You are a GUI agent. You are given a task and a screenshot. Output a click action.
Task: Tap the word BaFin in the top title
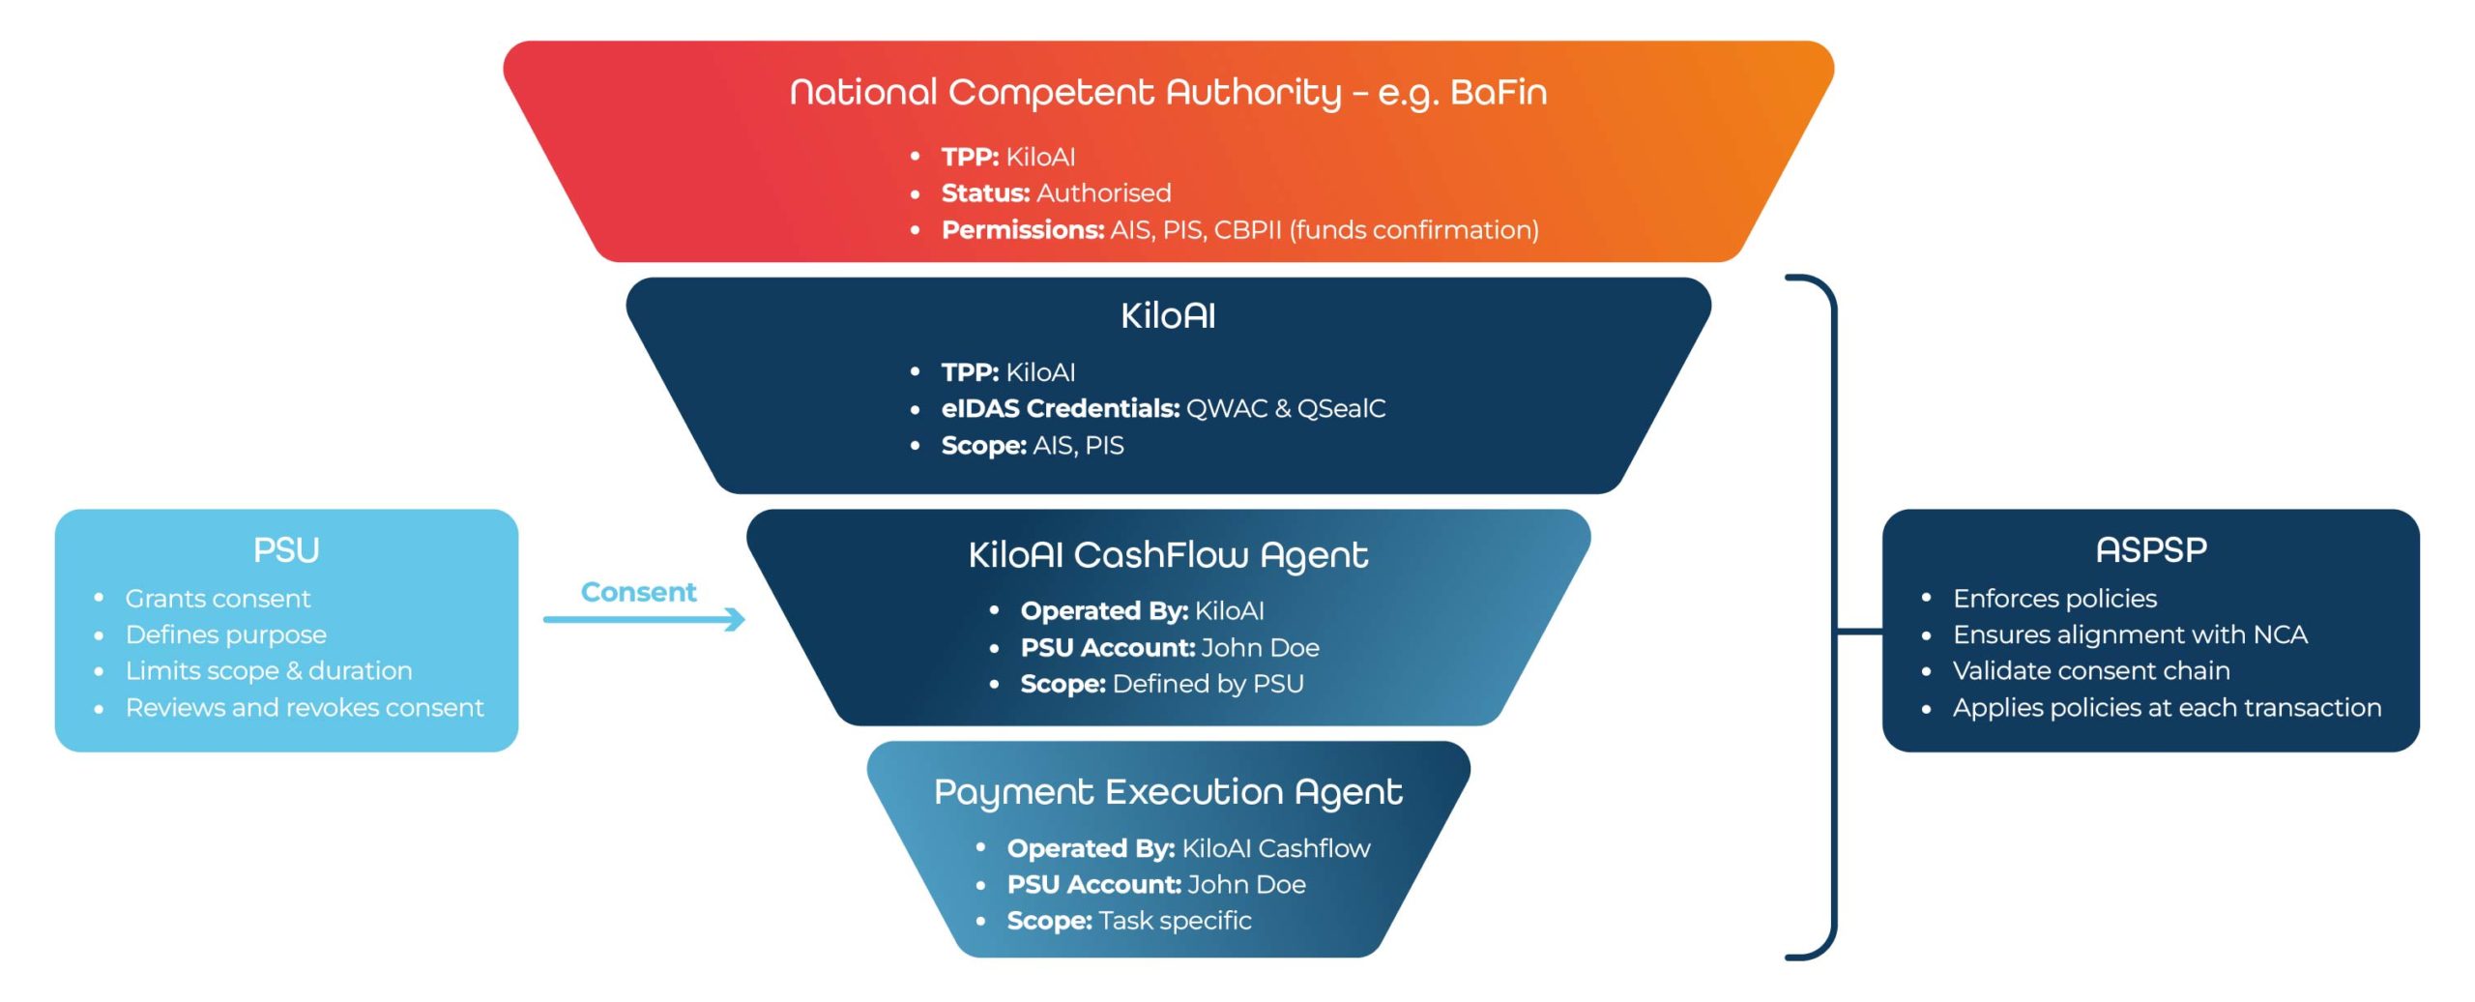tap(1499, 93)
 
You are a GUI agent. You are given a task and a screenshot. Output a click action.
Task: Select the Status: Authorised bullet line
tap(1056, 193)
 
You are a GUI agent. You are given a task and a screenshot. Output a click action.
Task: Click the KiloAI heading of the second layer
tap(1168, 316)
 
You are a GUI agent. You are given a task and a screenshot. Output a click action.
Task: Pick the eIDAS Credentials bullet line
tap(1163, 409)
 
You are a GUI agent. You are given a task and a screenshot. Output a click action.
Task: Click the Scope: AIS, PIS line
tap(1033, 446)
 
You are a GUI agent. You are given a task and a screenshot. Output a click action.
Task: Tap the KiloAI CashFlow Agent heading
tap(1168, 555)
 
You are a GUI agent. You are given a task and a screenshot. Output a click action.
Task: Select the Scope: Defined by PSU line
tap(1162, 685)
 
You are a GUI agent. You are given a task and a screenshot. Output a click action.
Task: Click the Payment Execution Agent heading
tap(1168, 792)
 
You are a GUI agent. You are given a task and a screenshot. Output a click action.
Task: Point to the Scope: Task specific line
tap(1129, 921)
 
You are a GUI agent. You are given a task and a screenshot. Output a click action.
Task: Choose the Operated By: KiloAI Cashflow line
tap(1188, 848)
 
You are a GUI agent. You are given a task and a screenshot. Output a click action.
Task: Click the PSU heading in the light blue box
tap(286, 550)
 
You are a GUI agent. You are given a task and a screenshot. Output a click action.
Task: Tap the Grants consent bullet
tap(218, 599)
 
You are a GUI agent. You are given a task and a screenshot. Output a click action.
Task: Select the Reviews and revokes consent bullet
tap(305, 708)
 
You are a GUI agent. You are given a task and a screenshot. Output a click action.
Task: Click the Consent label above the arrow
tap(638, 592)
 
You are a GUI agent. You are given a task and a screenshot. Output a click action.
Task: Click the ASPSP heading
tap(2151, 550)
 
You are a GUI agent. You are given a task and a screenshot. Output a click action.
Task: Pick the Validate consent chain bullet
tap(2091, 671)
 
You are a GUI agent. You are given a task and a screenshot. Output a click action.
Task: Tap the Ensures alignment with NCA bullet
tap(2130, 634)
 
